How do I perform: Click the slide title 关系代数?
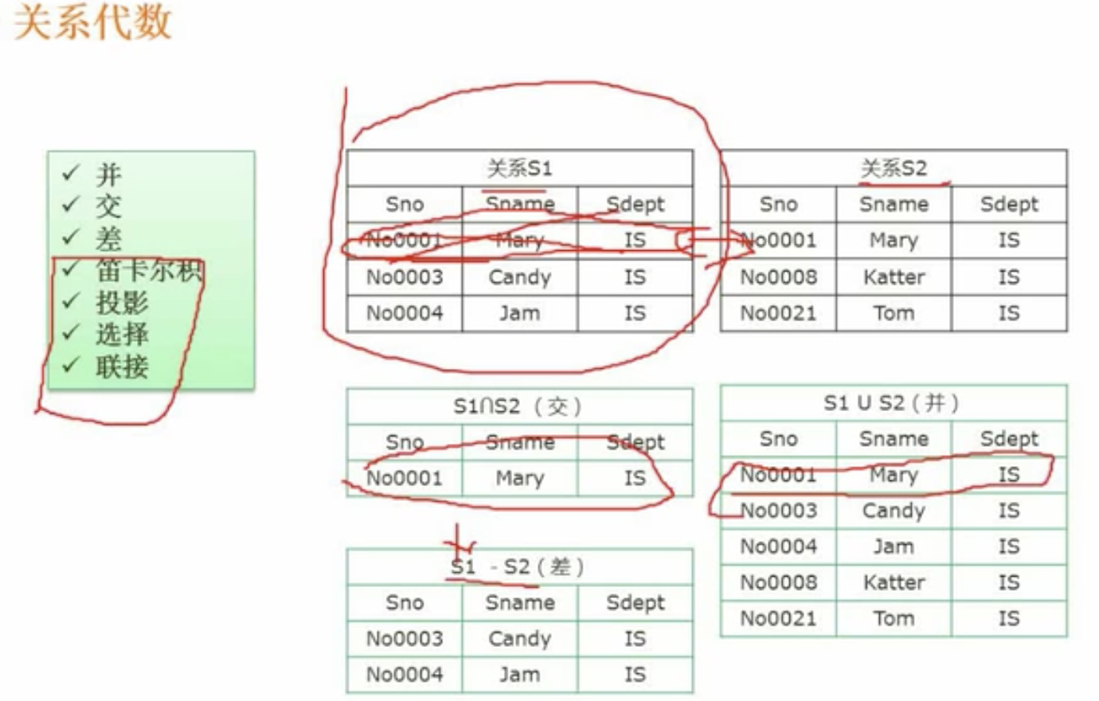click(93, 22)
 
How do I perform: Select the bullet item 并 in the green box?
click(108, 174)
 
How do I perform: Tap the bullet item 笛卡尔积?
click(148, 271)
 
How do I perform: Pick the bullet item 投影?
click(122, 303)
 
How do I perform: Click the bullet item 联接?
click(122, 366)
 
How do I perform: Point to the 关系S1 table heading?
click(519, 168)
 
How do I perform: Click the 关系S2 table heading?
click(894, 168)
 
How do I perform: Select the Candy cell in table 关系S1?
click(519, 277)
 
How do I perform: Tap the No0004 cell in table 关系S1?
click(404, 313)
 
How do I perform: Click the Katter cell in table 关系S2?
click(894, 277)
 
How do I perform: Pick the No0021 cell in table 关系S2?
click(778, 313)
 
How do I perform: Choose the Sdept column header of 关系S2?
click(1009, 204)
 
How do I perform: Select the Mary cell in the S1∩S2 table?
click(519, 478)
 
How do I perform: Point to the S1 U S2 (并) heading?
click(892, 403)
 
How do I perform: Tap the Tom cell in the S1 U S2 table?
click(894, 618)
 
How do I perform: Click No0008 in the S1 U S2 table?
click(778, 582)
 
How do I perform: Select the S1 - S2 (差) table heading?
click(518, 567)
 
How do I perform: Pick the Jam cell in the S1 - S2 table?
click(519, 675)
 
